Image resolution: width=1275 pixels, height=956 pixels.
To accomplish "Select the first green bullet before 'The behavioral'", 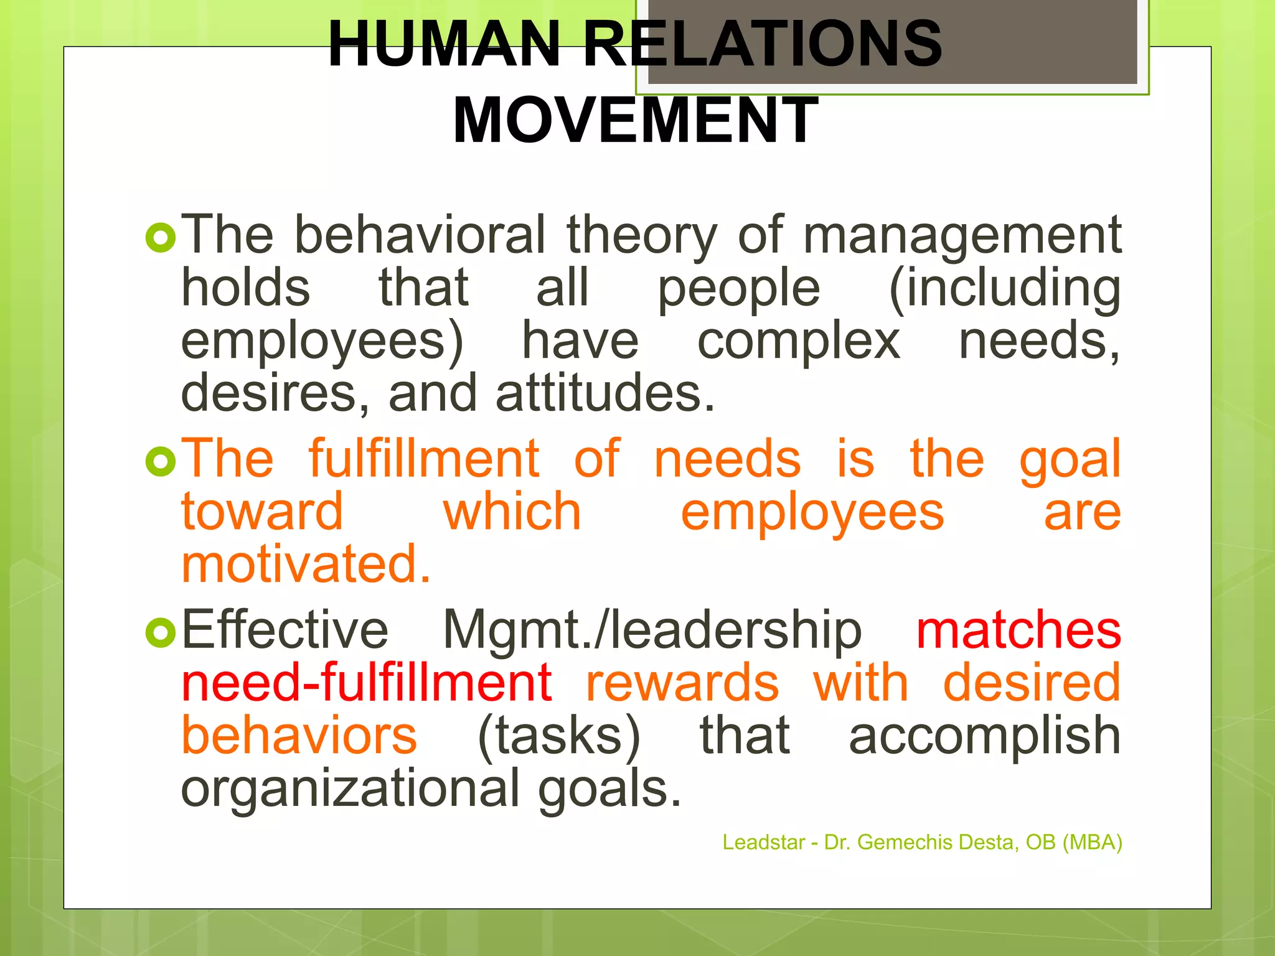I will click(161, 238).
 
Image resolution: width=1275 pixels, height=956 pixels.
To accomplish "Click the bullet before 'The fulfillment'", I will click(161, 461).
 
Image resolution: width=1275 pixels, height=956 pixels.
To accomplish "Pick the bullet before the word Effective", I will click(161, 632).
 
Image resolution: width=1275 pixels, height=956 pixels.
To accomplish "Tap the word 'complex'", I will click(798, 341).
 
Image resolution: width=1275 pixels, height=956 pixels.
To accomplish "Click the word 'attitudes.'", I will click(605, 394).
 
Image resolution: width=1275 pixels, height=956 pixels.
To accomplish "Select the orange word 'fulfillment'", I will click(424, 459).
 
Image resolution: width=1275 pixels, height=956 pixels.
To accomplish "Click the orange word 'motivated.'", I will click(306, 565).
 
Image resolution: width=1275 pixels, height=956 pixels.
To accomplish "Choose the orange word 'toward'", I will click(262, 512).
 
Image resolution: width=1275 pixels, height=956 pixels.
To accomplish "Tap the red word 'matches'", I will click(1019, 630).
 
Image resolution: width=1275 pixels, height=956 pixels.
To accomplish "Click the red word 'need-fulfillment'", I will click(367, 683).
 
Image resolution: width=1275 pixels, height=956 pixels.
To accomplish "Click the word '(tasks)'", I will click(558, 736).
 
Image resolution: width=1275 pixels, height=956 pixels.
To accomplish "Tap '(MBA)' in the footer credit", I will click(1092, 842).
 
